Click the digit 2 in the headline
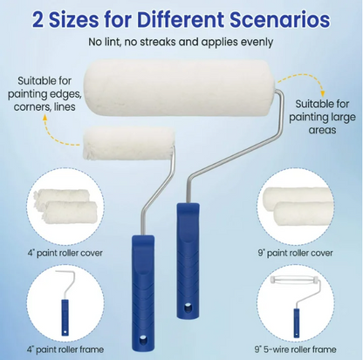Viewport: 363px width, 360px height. coord(38,20)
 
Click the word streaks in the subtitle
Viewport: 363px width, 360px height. coord(158,42)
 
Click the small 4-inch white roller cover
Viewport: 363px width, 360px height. coord(129,144)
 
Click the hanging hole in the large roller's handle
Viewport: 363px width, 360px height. coord(188,308)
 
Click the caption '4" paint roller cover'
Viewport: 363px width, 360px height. coord(65,253)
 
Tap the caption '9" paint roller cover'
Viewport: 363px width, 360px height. coord(295,253)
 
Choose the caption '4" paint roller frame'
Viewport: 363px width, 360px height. coord(65,349)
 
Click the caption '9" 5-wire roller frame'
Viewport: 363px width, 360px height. coord(296,349)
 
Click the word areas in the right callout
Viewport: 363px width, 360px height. coord(322,130)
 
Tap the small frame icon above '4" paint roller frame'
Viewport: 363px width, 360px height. coord(65,302)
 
